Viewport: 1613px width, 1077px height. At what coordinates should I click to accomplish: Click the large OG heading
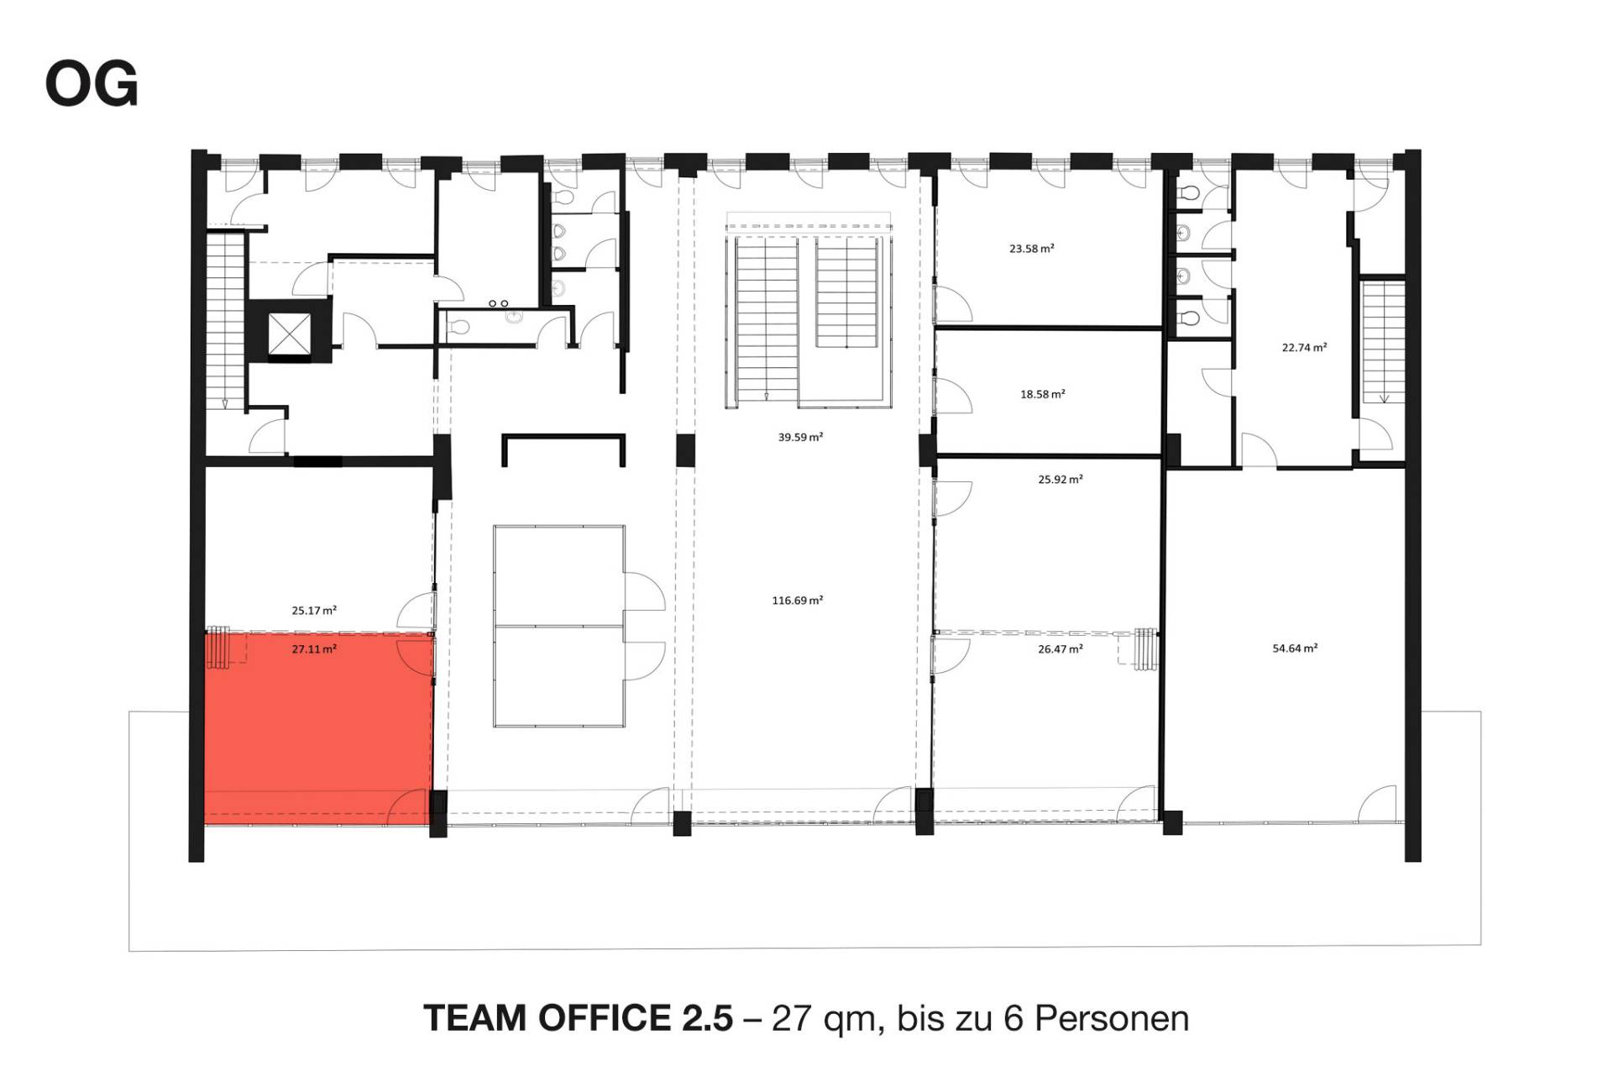point(92,85)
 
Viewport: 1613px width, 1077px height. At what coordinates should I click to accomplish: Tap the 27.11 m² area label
point(315,649)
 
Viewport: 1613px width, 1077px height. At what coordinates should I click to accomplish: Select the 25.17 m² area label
point(315,611)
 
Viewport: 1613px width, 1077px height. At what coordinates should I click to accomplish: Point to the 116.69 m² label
point(798,600)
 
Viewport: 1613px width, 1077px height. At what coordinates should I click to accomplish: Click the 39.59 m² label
point(800,437)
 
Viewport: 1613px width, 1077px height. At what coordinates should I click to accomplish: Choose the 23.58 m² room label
point(1032,249)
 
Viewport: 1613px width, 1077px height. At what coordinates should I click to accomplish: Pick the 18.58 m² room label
point(1043,394)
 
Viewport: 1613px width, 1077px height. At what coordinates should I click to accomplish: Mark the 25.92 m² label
point(1060,480)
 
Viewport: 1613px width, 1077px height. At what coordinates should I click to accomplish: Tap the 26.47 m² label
point(1060,649)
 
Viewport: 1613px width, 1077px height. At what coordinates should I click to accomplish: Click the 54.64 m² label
point(1296,648)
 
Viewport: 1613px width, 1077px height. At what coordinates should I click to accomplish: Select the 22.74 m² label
point(1304,347)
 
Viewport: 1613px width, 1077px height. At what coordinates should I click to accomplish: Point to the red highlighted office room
point(319,728)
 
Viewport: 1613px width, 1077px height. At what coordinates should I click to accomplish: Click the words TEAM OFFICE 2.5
point(579,1018)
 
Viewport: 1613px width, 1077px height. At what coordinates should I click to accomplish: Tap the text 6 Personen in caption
point(1096,1018)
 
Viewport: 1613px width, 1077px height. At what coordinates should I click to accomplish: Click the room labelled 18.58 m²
point(1050,393)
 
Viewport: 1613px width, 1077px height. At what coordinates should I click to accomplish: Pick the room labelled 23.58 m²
point(1050,248)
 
